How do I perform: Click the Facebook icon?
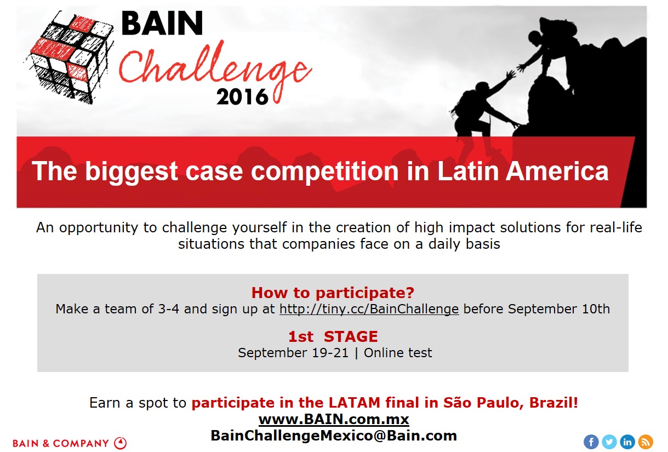[x=591, y=442]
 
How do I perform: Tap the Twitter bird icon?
[x=609, y=442]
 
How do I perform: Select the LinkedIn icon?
[x=627, y=442]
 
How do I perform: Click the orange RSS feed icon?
[x=646, y=442]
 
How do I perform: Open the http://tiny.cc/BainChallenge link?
[x=369, y=309]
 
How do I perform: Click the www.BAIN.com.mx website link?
[x=334, y=419]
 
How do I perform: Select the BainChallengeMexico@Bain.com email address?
[x=334, y=436]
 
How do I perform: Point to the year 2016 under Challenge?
[x=242, y=96]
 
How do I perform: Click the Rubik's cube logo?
[x=69, y=56]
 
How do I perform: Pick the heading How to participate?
[x=333, y=293]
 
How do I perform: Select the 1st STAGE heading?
[x=333, y=336]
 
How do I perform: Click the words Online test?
[x=398, y=353]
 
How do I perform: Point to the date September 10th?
[x=559, y=309]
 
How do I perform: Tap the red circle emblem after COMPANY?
[x=120, y=443]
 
